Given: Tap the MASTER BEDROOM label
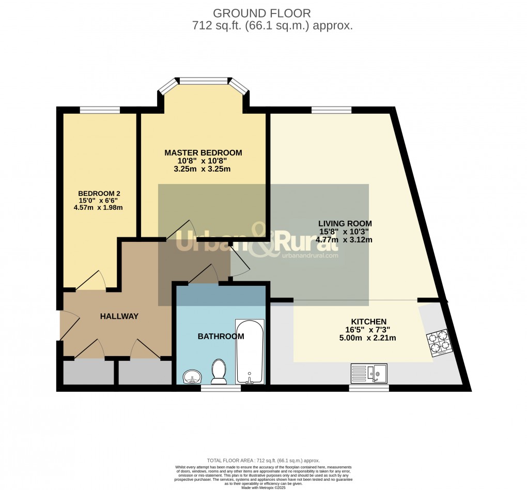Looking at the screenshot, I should (x=203, y=152).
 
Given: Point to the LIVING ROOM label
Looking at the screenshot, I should (x=345, y=223).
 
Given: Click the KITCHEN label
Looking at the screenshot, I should (x=369, y=321).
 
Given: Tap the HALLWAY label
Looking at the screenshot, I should (x=119, y=316).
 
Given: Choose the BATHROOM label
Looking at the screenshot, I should (x=221, y=336).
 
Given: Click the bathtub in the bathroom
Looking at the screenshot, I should (x=250, y=351).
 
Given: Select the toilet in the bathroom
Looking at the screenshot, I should (x=219, y=372).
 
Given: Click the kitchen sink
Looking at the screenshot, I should (x=368, y=372).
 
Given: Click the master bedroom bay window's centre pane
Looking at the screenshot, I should (x=203, y=81).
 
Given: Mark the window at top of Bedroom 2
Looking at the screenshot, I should (x=100, y=109).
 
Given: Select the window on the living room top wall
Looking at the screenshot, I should (x=331, y=109).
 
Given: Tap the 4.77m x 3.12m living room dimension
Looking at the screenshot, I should (x=345, y=239).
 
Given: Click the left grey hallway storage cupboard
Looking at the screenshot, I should (x=88, y=372).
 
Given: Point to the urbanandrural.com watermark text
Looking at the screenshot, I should (x=309, y=255).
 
